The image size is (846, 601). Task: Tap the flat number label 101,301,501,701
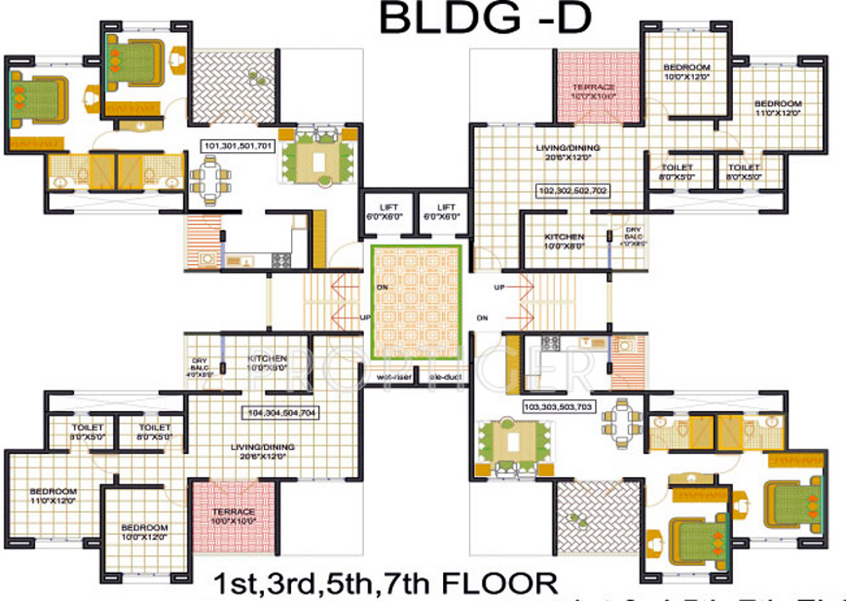238,145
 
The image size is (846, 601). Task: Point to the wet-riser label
391,377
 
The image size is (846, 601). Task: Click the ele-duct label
443,377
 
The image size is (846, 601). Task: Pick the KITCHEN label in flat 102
564,240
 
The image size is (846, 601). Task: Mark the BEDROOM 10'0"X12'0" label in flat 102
686,71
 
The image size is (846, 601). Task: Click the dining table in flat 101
208,177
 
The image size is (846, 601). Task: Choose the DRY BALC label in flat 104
200,364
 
